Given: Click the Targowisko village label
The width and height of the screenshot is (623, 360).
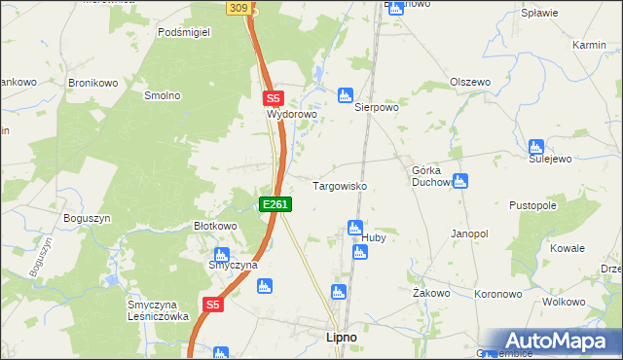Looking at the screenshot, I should pyautogui.click(x=338, y=185).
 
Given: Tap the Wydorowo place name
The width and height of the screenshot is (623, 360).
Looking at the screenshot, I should pyautogui.click(x=293, y=114).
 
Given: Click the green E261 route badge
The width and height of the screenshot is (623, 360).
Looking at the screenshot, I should pyautogui.click(x=275, y=204).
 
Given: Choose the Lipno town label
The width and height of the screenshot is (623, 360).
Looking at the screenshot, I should pyautogui.click(x=339, y=337).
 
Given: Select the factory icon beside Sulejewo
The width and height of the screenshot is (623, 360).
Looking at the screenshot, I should pyautogui.click(x=535, y=147).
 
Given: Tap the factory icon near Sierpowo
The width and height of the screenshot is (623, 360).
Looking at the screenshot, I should pyautogui.click(x=344, y=94).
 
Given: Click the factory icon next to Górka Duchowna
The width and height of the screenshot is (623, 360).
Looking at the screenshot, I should pyautogui.click(x=460, y=180).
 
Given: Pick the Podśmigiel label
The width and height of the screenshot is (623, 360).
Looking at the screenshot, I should pyautogui.click(x=184, y=31).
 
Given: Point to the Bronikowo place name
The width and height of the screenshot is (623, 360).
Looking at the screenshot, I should pyautogui.click(x=92, y=83).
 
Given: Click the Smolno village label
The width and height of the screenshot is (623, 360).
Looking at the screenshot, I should pyautogui.click(x=163, y=95).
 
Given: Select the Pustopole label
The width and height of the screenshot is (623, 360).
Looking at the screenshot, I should pyautogui.click(x=532, y=206).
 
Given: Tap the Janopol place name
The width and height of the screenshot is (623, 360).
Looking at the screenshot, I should pyautogui.click(x=468, y=234).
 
